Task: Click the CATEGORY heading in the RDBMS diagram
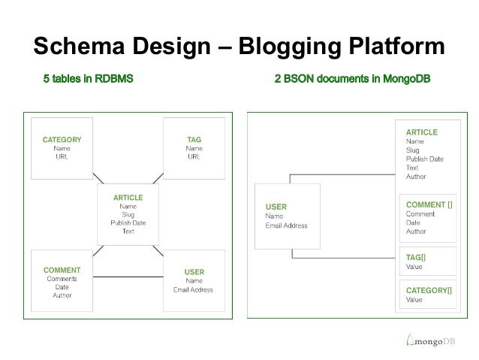pos(62,140)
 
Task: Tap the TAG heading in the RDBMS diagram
pos(194,140)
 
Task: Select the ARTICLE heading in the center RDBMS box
pos(128,198)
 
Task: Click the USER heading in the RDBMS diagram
pos(194,271)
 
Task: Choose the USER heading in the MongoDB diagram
pos(276,207)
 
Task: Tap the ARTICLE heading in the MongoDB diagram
pos(421,132)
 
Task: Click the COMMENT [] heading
pos(429,204)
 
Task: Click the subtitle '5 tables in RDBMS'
pos(88,79)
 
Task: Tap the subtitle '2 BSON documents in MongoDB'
pos(352,79)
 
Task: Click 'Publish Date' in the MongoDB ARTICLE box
pos(424,159)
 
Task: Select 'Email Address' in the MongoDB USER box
pos(286,225)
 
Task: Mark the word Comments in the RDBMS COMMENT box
pos(62,278)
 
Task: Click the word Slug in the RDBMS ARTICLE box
pos(128,215)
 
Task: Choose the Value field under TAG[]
pos(414,267)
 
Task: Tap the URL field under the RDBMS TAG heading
pos(194,156)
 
